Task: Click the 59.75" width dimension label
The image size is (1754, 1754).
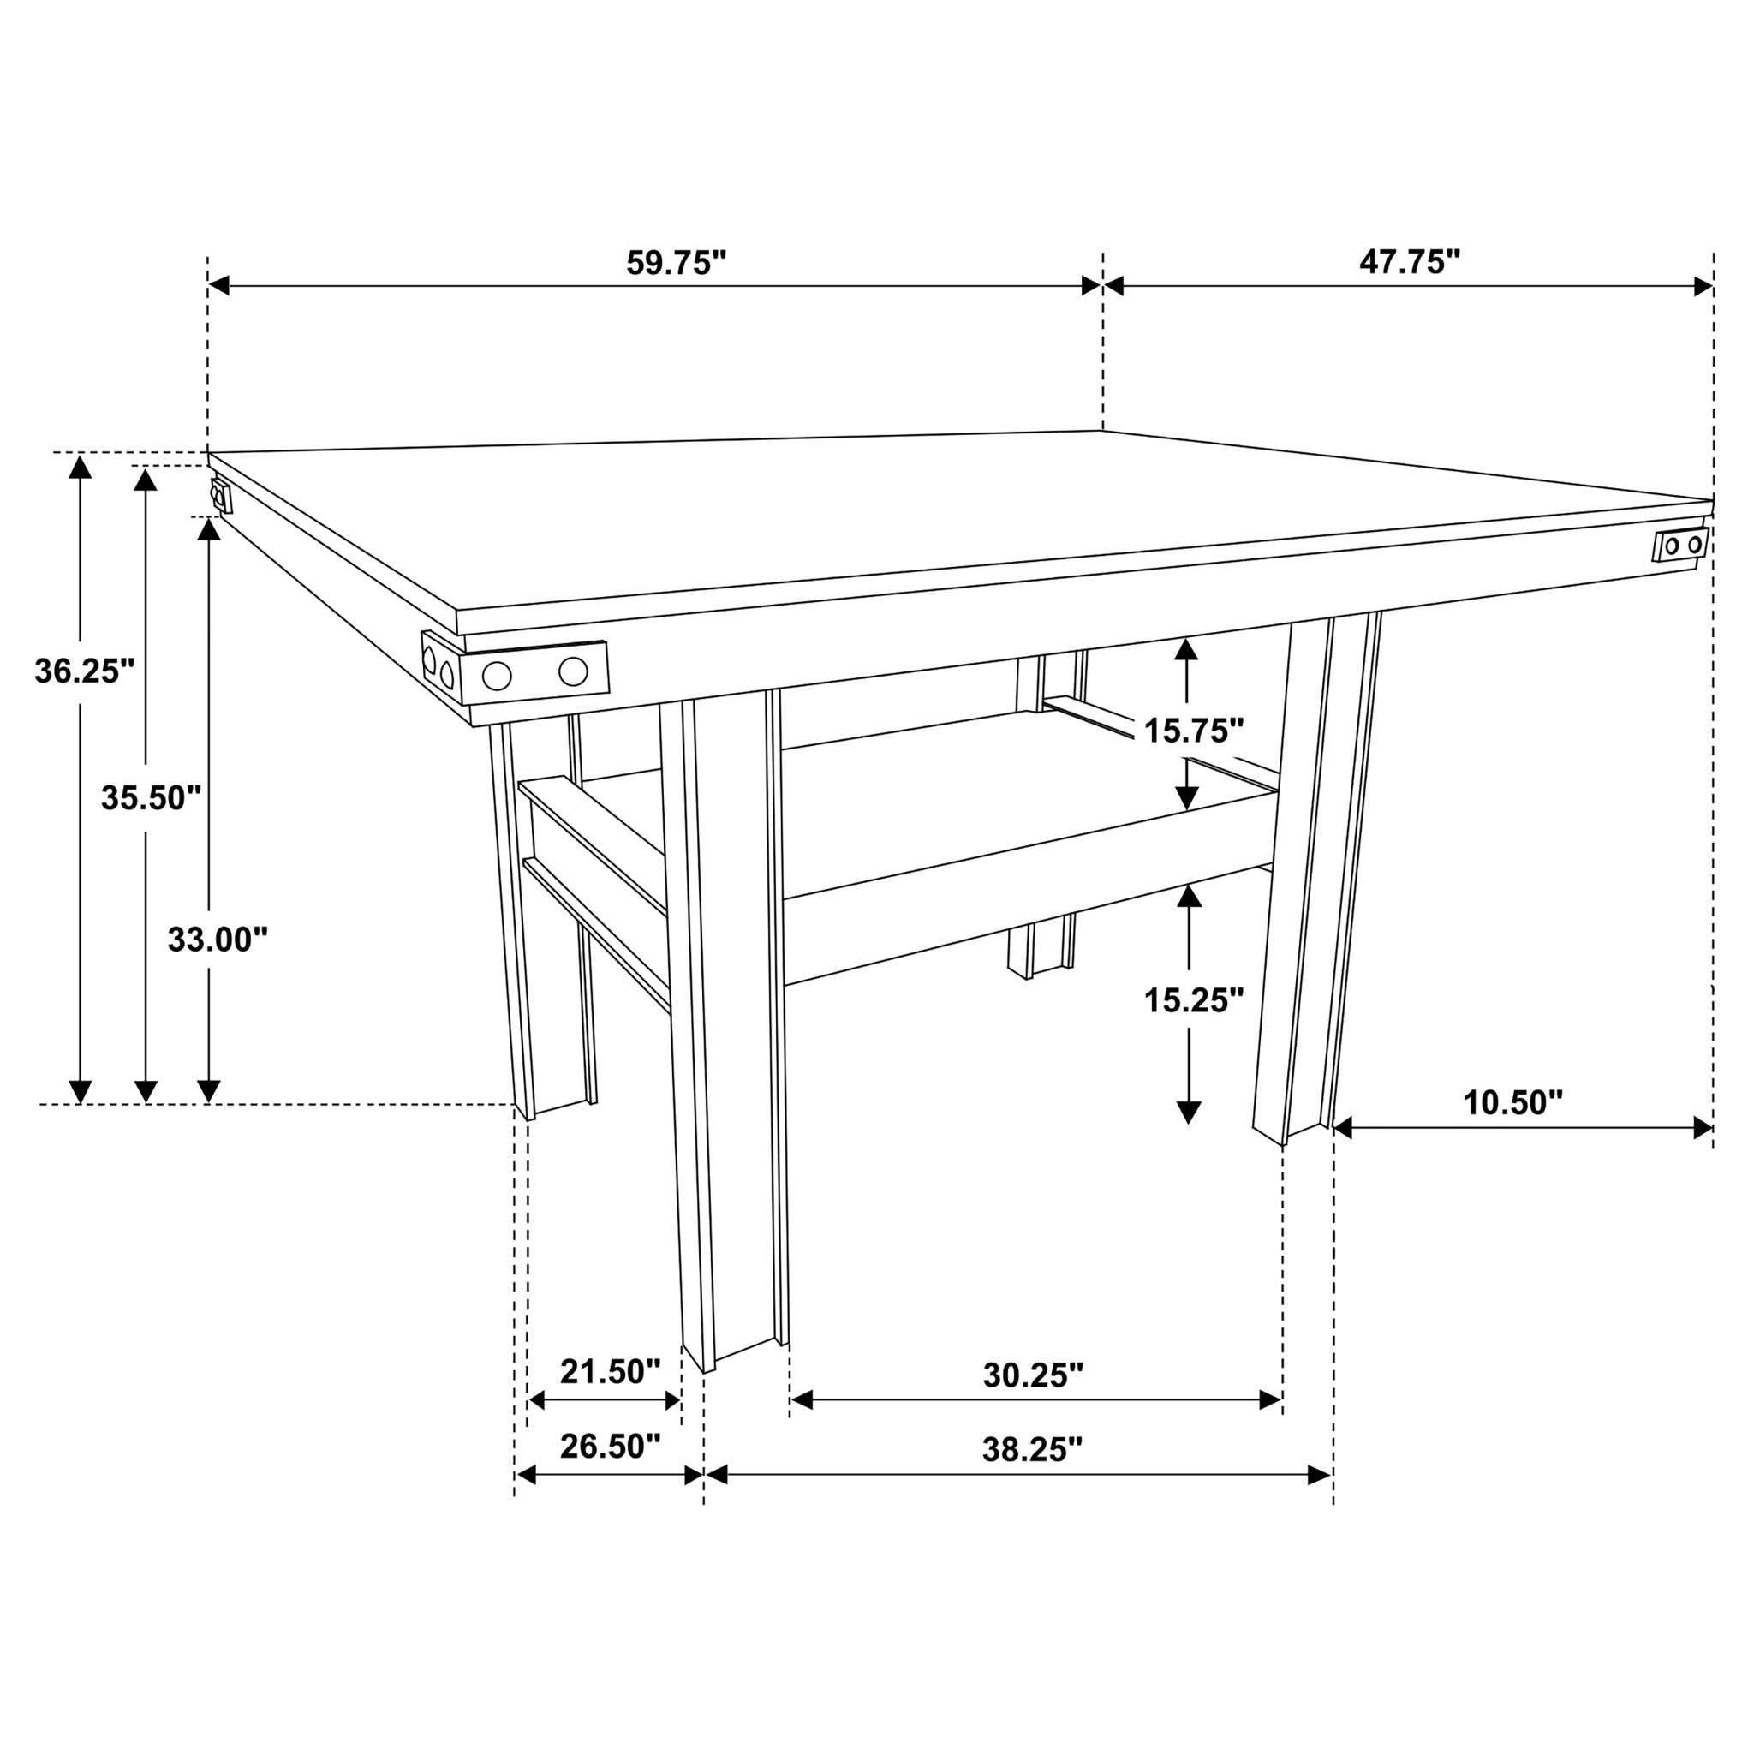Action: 677,263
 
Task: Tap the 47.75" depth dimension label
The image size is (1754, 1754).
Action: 1409,262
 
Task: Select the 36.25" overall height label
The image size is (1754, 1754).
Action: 85,671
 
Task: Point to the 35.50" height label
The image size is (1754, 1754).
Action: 151,799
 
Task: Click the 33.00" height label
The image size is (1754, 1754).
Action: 218,940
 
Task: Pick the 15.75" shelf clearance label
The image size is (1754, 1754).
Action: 1193,731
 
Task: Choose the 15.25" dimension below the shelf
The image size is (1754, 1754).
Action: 1193,1001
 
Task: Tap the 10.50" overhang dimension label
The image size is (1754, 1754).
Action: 1512,1103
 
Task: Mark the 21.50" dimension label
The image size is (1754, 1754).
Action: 610,1372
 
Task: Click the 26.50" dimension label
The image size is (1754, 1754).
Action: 610,1447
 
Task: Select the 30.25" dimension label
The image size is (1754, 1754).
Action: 1033,1375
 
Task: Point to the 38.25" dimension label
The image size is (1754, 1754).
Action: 1033,1450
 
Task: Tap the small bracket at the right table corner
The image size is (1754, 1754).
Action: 1681,546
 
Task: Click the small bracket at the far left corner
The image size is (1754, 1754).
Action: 221,497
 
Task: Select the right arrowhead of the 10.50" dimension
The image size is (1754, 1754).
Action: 1703,1129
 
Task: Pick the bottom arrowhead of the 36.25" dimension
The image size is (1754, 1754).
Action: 81,1092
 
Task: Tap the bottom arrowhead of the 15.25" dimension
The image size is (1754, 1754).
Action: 1189,1113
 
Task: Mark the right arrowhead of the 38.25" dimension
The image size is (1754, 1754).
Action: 1320,1476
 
